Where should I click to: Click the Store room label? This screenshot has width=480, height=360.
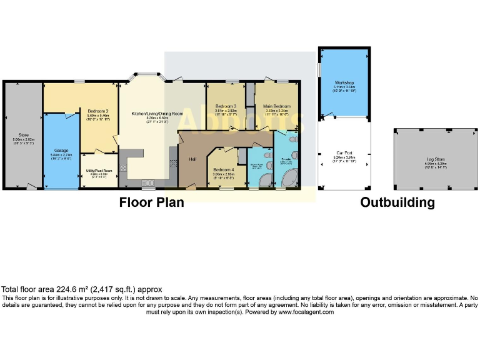coord(24,134)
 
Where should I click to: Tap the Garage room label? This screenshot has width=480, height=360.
coord(61,151)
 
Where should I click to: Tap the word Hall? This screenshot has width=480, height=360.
coord(193,159)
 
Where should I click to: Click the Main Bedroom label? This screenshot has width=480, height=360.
coord(276,106)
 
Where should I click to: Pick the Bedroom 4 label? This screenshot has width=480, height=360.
coord(223,170)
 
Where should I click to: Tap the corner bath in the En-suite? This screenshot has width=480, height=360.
coord(289,181)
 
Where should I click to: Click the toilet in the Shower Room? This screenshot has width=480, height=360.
coord(267,156)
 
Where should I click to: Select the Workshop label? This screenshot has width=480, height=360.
coord(344,82)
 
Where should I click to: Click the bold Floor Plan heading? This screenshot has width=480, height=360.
coord(151,202)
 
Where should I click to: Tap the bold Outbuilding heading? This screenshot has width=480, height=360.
coord(397,202)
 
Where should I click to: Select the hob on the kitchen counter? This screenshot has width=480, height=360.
coord(122,167)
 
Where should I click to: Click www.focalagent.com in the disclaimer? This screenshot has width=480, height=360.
coord(306,311)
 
